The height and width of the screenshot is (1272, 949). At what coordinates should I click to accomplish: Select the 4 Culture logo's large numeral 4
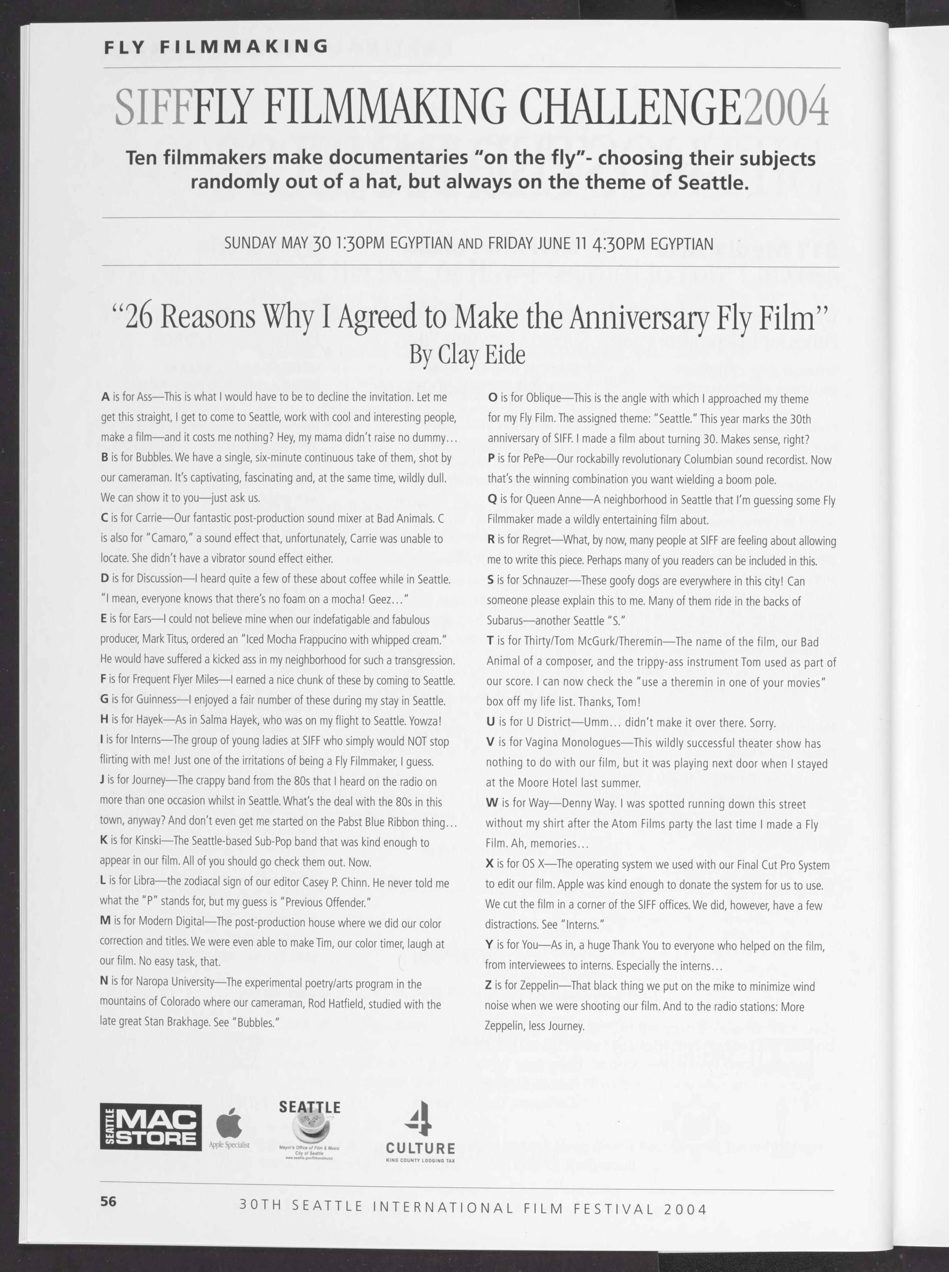(x=420, y=1118)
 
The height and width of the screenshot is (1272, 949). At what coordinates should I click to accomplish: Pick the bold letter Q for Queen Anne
(x=492, y=500)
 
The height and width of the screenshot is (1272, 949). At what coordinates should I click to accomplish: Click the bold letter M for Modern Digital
(x=105, y=922)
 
